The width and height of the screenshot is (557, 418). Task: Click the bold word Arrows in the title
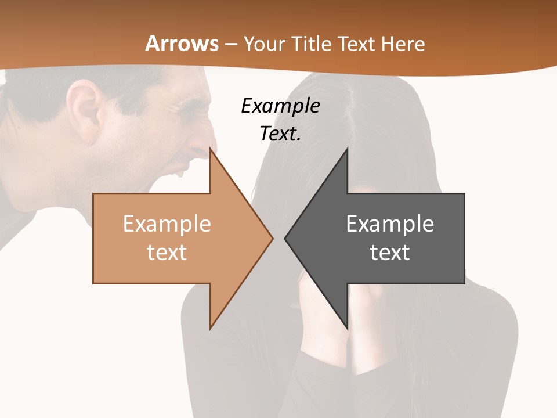pyautogui.click(x=182, y=44)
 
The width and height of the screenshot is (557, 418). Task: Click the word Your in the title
pyautogui.click(x=262, y=44)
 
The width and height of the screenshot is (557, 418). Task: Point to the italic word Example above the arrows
pyautogui.click(x=280, y=106)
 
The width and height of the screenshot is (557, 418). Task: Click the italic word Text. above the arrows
pyautogui.click(x=280, y=134)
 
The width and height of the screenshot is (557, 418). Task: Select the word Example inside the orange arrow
pyautogui.click(x=167, y=224)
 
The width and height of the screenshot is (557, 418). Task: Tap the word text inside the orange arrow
pyautogui.click(x=167, y=253)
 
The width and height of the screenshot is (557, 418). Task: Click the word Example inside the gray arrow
pyautogui.click(x=390, y=224)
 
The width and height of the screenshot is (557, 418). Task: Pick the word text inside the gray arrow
pyautogui.click(x=390, y=253)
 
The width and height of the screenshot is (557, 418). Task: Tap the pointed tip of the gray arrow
pyautogui.click(x=285, y=238)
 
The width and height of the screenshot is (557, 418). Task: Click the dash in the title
pyautogui.click(x=230, y=44)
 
